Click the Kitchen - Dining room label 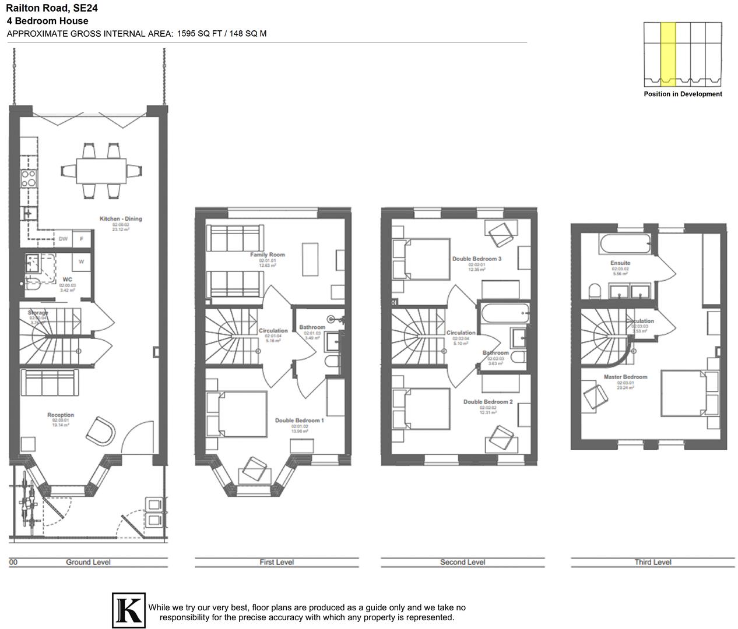point(121,219)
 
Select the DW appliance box point(63,239)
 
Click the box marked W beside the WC point(81,262)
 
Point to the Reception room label point(61,415)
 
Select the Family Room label point(267,255)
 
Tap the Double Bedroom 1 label point(299,420)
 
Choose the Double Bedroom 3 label point(476,259)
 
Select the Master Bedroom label point(625,377)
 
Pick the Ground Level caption point(88,562)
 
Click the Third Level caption point(652,562)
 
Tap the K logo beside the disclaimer point(128,611)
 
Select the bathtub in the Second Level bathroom point(505,314)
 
